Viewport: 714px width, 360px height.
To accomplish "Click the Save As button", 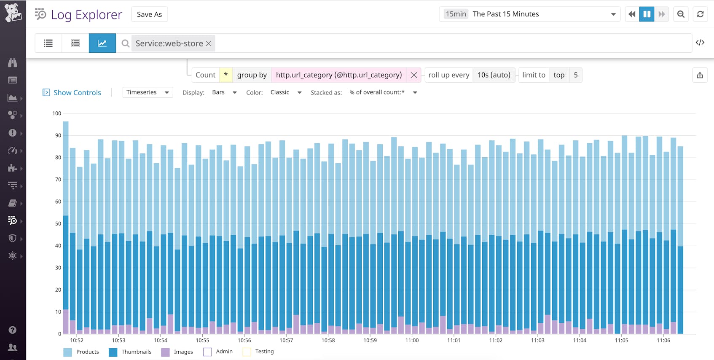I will [x=149, y=14].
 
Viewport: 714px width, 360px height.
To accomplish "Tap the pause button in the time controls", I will [x=647, y=14].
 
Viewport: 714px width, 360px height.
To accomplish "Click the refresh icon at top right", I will [x=700, y=14].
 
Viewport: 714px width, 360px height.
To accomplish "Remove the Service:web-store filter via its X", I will [x=209, y=43].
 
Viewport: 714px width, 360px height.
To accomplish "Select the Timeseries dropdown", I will [x=148, y=92].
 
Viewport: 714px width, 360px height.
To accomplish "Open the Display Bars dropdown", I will [x=224, y=92].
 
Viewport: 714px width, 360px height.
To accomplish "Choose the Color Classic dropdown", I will [x=286, y=92].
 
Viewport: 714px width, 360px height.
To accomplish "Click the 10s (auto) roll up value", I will [x=494, y=75].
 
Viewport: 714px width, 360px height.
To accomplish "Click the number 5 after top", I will [x=575, y=75].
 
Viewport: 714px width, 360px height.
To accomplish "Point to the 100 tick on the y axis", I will [x=56, y=113].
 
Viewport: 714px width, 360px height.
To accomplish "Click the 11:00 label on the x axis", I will [x=412, y=340].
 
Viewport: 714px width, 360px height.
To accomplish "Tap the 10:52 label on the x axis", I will [x=77, y=340].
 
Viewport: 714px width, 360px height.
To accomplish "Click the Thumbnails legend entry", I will [x=136, y=352].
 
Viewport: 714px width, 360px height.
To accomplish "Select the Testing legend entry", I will [x=264, y=351].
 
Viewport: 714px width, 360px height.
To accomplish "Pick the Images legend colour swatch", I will [x=165, y=352].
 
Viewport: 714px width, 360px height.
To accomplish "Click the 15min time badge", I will [x=456, y=14].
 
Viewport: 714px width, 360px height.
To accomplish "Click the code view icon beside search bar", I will [x=700, y=43].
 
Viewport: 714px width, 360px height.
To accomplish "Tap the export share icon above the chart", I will [x=700, y=75].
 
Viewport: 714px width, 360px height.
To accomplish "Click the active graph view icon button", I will [x=102, y=43].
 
